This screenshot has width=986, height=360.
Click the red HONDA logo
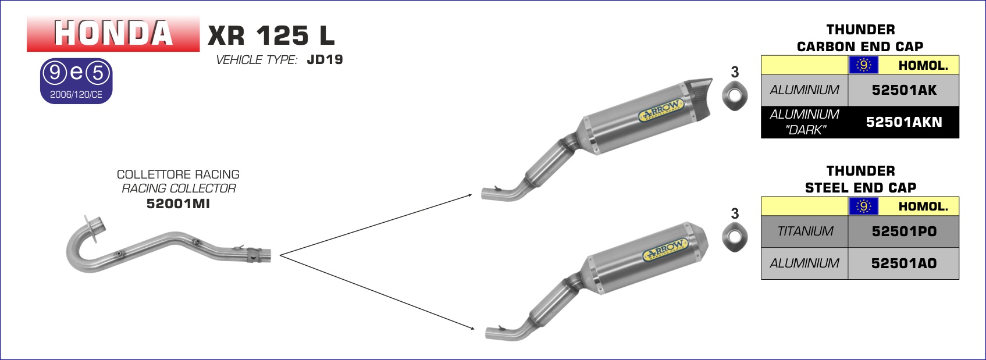(x=113, y=34)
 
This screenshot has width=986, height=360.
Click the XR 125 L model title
(x=271, y=35)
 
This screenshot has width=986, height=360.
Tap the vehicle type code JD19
(x=325, y=59)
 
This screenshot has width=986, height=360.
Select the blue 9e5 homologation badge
(x=76, y=81)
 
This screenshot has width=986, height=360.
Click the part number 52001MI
(x=178, y=204)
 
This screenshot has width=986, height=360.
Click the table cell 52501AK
(x=903, y=90)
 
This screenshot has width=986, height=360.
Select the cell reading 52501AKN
(x=903, y=122)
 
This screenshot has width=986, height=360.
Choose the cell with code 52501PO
(x=903, y=231)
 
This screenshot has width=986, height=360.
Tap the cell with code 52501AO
(x=903, y=263)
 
